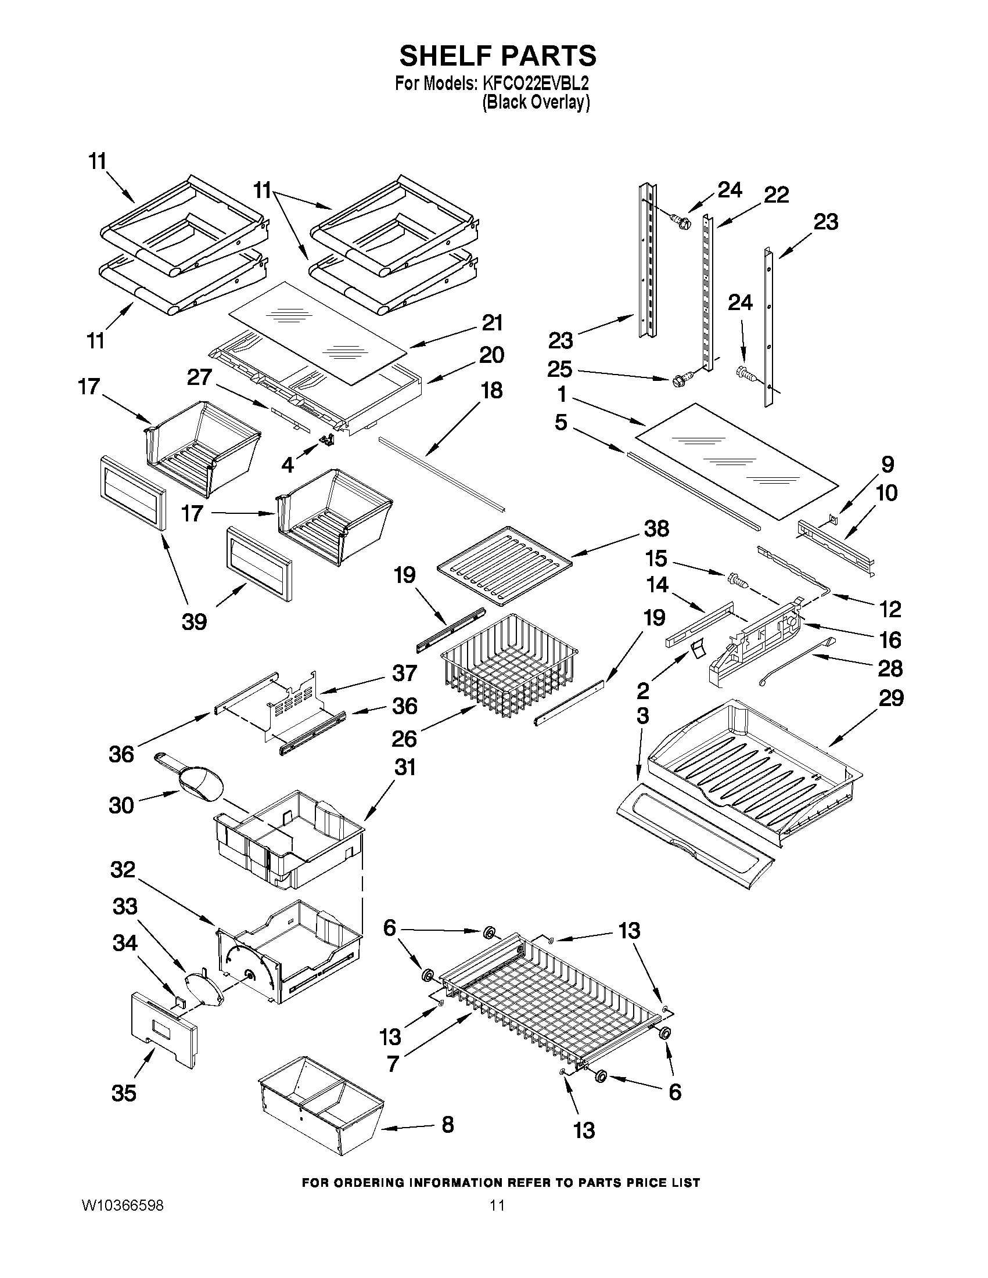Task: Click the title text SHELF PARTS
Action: click(498, 56)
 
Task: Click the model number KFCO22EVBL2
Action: click(536, 84)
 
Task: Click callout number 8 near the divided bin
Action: click(447, 1124)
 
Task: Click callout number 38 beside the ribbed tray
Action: click(656, 529)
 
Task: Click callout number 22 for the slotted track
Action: click(776, 195)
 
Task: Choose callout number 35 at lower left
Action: click(124, 1093)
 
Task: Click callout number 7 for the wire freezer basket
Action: click(393, 1063)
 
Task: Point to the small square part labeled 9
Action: click(834, 519)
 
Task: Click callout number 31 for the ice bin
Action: click(405, 767)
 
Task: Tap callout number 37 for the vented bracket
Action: click(405, 672)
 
